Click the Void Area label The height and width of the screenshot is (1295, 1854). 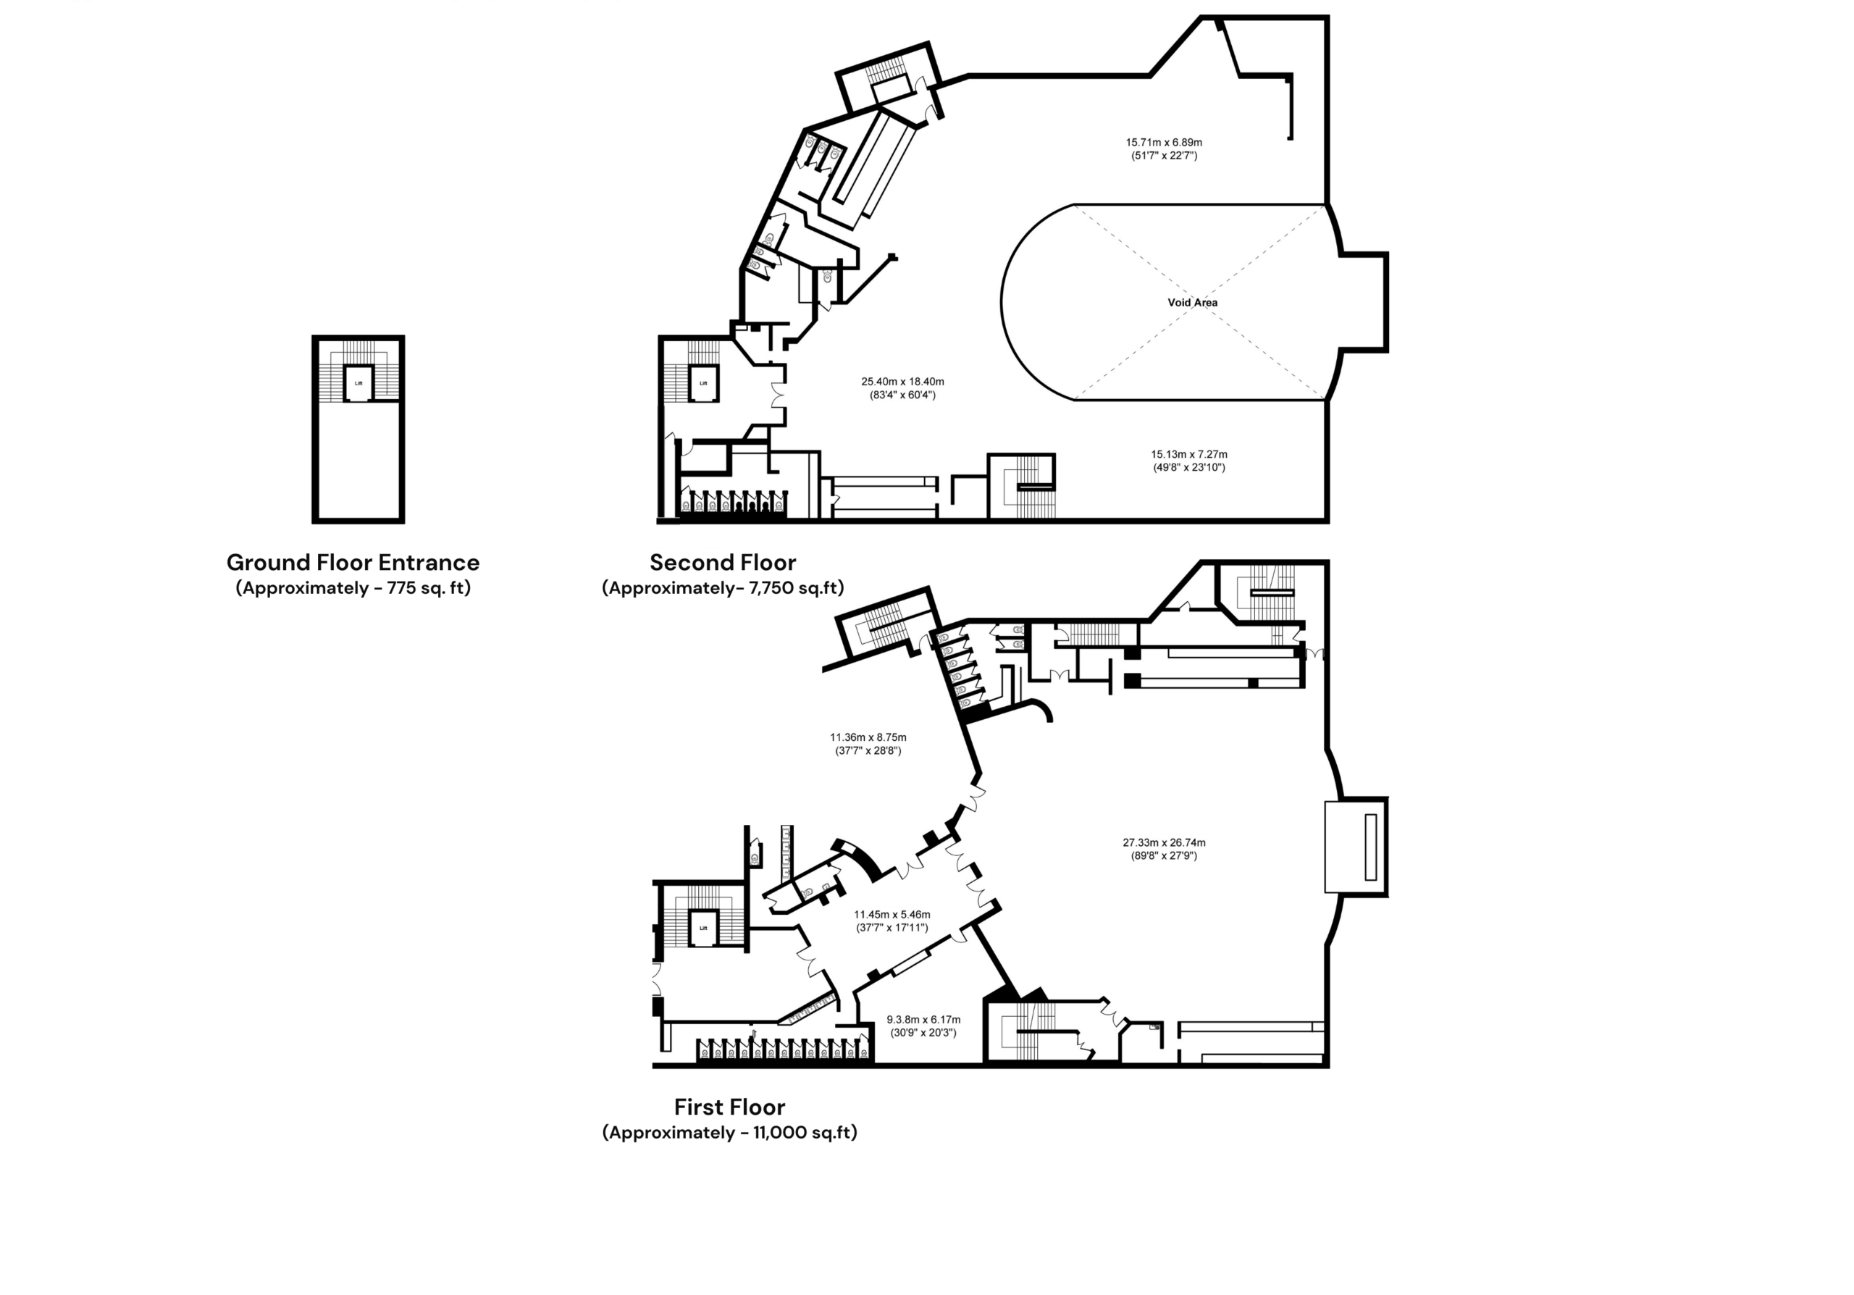[x=1192, y=303]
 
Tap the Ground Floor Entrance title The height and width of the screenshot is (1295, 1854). [x=353, y=562]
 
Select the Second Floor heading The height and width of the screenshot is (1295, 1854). [x=723, y=562]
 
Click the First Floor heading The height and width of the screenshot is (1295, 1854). [x=729, y=1106]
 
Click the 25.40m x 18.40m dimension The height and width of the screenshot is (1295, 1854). [x=902, y=382]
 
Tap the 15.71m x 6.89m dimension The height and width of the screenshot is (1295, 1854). [x=1164, y=143]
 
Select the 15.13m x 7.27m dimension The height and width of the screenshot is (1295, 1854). [x=1188, y=455]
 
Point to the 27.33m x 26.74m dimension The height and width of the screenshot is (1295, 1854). [x=1164, y=843]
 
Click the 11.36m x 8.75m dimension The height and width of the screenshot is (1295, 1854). [x=868, y=737]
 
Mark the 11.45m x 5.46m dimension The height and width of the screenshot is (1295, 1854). [x=892, y=915]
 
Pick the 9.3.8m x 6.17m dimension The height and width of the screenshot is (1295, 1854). [x=923, y=1020]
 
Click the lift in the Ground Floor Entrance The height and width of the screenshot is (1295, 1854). [x=358, y=382]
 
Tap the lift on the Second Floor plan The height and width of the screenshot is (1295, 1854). [x=702, y=382]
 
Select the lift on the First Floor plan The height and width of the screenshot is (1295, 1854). [x=702, y=928]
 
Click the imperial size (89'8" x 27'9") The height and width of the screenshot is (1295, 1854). [x=1164, y=856]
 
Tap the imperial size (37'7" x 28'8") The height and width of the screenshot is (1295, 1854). [x=868, y=750]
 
